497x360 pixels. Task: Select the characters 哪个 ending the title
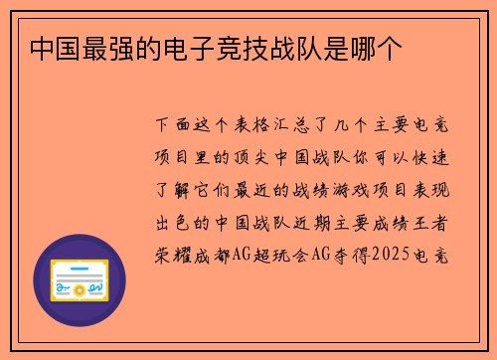click(x=379, y=48)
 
